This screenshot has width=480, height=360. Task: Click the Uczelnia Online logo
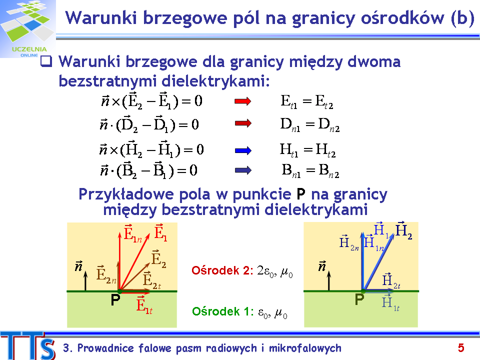(27, 29)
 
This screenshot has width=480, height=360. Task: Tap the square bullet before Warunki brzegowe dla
(46, 61)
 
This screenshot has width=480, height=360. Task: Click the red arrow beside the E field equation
(243, 101)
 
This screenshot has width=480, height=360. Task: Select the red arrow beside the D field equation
(243, 123)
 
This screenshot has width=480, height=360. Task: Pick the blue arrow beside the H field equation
(243, 150)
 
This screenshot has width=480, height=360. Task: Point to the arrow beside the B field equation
(243, 170)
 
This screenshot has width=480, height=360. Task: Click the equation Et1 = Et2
(306, 102)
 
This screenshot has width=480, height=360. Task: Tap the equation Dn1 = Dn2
(310, 125)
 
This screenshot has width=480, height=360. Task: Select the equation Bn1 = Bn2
(310, 171)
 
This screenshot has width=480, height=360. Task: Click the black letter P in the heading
(301, 194)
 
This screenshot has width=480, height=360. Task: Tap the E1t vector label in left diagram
(144, 304)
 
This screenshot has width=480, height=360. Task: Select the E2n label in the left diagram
(106, 274)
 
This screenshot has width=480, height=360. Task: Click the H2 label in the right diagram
(404, 230)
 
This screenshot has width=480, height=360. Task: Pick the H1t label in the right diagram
(390, 302)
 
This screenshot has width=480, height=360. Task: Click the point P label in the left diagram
(115, 300)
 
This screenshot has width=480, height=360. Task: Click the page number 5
(461, 348)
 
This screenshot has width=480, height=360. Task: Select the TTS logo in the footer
(28, 345)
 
